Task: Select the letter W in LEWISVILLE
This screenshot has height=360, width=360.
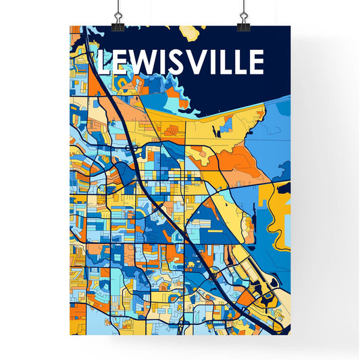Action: coord(143,62)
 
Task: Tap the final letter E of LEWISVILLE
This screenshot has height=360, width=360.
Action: coord(255,62)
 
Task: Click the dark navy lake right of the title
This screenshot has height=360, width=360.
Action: coord(277,68)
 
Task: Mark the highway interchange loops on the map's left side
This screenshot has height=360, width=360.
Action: coord(129,145)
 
